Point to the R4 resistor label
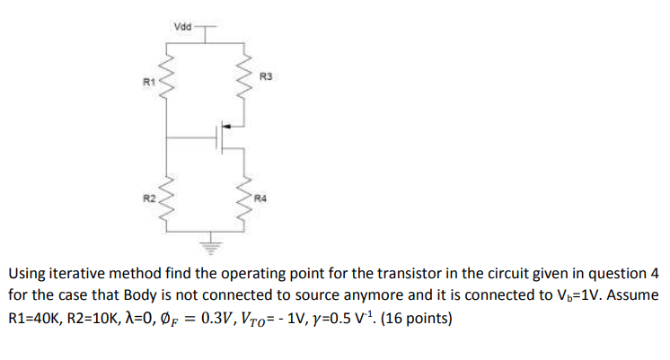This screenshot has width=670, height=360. (261, 197)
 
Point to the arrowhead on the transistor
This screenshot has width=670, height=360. (230, 127)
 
